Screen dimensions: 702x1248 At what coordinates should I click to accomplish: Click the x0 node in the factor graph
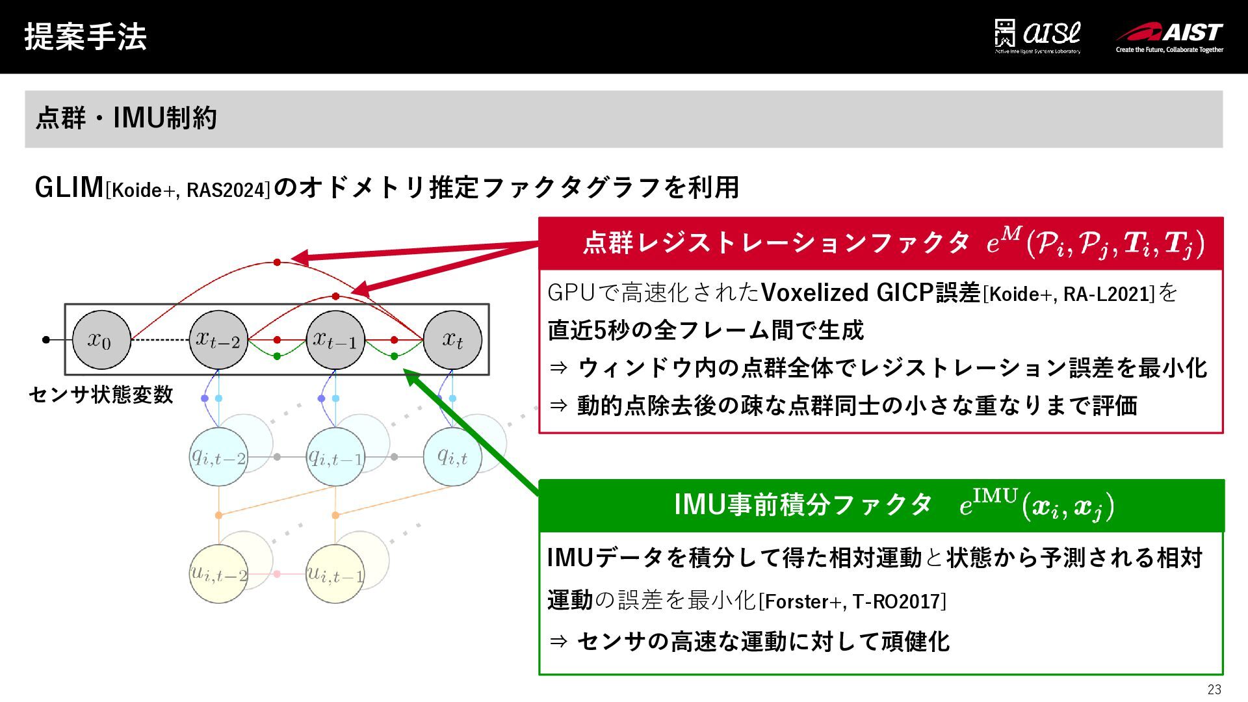[101, 339]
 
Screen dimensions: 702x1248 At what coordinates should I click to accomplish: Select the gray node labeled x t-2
[218, 339]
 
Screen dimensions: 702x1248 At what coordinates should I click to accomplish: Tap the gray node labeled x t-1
[335, 339]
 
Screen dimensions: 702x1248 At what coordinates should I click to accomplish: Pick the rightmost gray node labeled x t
[452, 339]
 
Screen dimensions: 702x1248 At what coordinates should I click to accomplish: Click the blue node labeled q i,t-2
[218, 457]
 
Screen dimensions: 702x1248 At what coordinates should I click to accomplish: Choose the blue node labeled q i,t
[452, 457]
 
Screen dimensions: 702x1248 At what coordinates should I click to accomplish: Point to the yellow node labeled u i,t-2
[218, 574]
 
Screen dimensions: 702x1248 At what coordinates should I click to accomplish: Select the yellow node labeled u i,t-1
[335, 574]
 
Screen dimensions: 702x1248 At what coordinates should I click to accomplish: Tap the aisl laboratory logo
[1037, 36]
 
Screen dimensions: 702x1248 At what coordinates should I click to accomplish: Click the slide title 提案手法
[85, 36]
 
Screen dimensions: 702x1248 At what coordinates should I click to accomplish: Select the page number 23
[1214, 690]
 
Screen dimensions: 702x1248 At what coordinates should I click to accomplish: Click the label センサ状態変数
[101, 395]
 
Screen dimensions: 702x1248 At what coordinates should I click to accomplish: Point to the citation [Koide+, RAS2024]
[187, 190]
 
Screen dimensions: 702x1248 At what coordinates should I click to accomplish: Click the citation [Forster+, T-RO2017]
[852, 601]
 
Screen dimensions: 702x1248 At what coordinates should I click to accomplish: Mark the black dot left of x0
[45, 339]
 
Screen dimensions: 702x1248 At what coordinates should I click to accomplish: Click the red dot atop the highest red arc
[277, 263]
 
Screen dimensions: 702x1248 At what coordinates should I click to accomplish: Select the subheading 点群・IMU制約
[126, 118]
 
